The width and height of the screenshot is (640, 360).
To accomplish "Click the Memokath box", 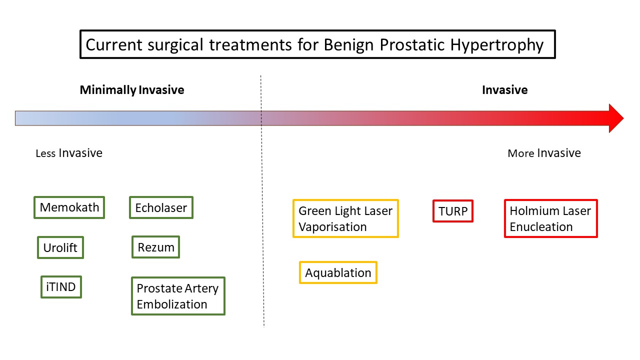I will pos(69,207).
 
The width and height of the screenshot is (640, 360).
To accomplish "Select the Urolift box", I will pos(60,247).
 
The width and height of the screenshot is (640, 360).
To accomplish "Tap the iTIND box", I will pos(61,287).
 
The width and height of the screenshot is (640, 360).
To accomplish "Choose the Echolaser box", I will pos(161,207).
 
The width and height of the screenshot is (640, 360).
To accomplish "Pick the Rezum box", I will pos(155,247).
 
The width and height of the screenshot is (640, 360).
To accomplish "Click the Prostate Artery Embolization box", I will pos(178,296).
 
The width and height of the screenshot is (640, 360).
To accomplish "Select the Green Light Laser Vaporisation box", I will pos(345,218).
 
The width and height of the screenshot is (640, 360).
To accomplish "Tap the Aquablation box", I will pos(338,273).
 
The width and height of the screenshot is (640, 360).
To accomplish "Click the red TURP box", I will pos(453,211).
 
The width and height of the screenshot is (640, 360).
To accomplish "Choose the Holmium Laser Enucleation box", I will pos(550,218).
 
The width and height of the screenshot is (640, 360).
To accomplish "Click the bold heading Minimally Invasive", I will pos(132,90).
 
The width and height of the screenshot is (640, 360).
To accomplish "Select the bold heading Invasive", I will pos(504,90).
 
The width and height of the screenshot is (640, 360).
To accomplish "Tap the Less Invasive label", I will pos(69,153).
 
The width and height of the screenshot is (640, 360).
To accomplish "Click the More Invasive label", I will pos(544,153).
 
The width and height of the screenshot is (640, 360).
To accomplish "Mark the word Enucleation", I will pos(541,227).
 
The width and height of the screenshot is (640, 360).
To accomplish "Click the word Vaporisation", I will pos(332,227).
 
